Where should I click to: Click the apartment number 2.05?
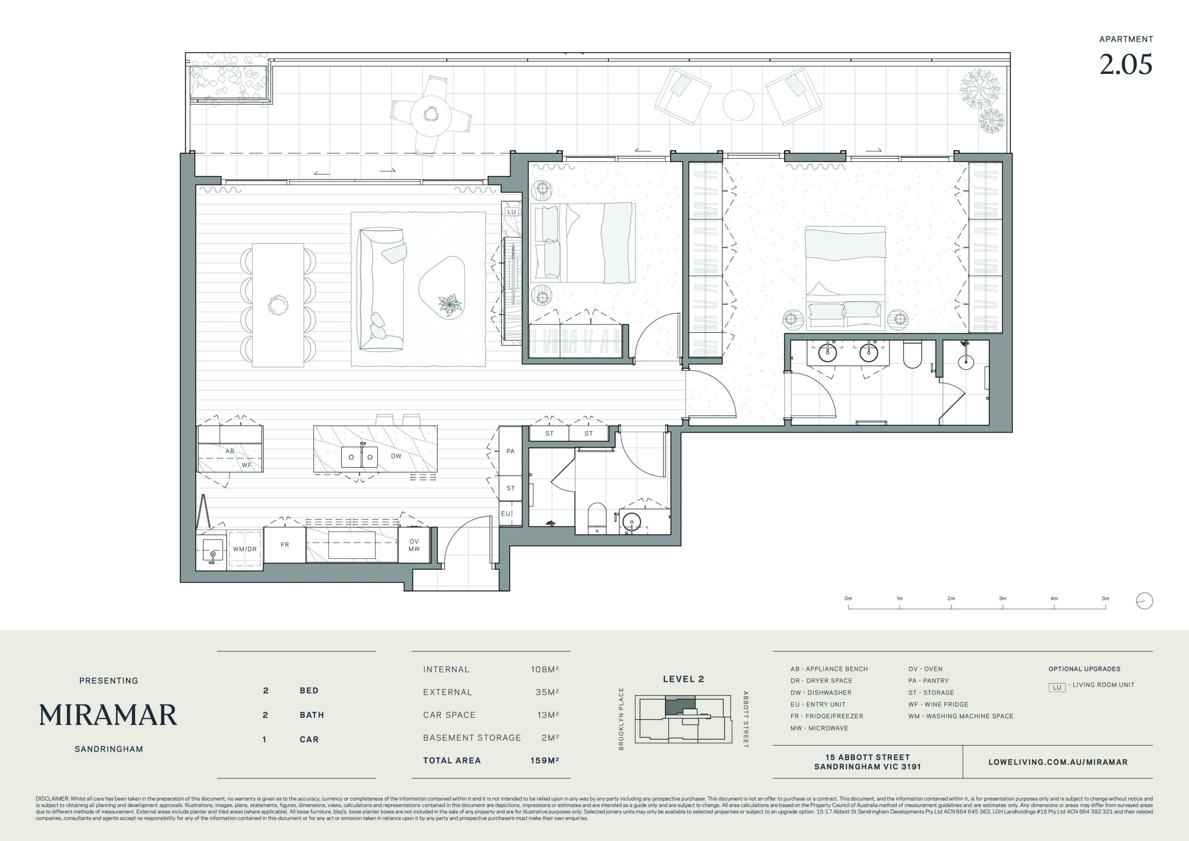coord(1126,64)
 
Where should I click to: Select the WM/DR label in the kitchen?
coord(244,549)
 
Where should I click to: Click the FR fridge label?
coord(285,545)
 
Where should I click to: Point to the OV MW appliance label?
coord(414,545)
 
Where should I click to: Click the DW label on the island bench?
coord(396,456)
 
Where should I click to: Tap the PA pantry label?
coord(510,451)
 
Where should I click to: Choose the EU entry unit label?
coord(505,513)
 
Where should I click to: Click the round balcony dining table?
coord(431,116)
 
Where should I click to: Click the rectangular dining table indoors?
coord(278,305)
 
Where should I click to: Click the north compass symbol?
coord(1144,601)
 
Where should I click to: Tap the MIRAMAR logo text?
coord(108,715)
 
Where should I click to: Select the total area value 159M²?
coord(544,761)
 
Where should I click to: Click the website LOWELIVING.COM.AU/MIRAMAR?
coord(1058,762)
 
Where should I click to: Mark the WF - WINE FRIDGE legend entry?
coord(938,704)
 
